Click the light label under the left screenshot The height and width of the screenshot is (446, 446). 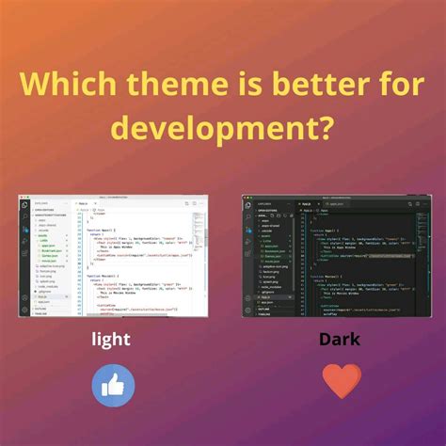pyautogui.click(x=112, y=338)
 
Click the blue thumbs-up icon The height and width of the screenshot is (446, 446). pyautogui.click(x=113, y=385)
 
